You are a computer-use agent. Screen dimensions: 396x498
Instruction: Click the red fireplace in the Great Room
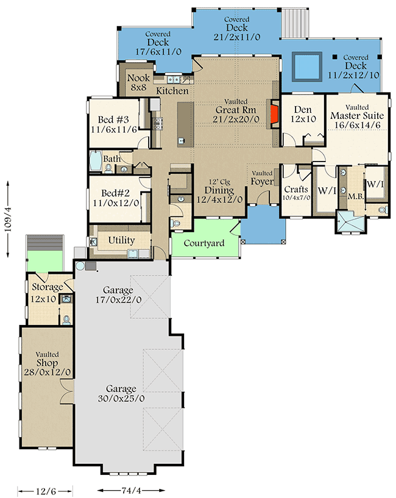pos(274,115)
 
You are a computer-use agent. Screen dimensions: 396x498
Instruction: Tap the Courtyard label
pos(204,243)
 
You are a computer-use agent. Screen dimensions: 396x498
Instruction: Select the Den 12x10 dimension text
pos(303,119)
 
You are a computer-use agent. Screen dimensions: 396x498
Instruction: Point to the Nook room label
pos(138,78)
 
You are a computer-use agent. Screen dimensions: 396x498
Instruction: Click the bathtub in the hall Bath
pos(95,161)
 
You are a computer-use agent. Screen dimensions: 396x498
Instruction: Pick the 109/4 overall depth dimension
pos(8,219)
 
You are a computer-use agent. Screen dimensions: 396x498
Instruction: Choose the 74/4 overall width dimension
pos(131,490)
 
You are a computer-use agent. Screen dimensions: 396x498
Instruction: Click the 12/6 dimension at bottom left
pos(46,491)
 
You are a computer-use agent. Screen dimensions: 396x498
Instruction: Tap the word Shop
pos(47,363)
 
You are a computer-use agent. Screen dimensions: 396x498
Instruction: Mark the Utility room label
pos(121,240)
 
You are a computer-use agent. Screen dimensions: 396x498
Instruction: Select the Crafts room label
pos(296,190)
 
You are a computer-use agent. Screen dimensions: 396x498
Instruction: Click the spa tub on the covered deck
pos(307,66)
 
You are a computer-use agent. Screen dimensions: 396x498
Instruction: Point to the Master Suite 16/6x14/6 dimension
pos(357,125)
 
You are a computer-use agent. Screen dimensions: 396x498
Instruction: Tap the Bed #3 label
pos(113,119)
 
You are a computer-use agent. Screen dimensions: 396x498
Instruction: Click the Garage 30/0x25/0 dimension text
pos(121,398)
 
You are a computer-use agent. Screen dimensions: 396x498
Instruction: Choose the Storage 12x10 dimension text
pos(43,299)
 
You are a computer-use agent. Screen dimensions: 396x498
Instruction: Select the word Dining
pos(219,190)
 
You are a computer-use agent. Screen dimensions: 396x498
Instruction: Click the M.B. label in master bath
pos(356,197)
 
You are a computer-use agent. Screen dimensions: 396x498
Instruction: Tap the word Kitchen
pos(172,91)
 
